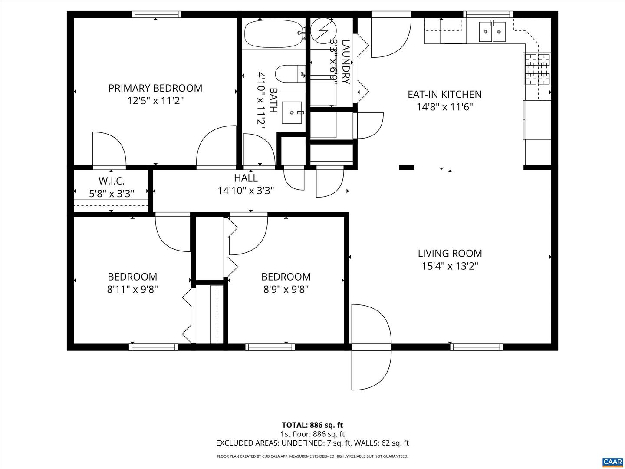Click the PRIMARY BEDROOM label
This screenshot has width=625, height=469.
click(x=155, y=88)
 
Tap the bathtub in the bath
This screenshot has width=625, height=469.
click(x=273, y=33)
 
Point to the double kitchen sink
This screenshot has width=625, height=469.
click(x=492, y=32)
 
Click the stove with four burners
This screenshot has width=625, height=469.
click(x=536, y=69)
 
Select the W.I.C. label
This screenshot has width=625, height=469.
click(x=112, y=181)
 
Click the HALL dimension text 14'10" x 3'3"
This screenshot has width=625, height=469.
click(x=246, y=191)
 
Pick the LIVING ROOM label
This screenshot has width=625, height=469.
click(x=450, y=253)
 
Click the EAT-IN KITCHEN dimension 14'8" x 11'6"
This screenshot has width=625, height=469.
click(x=444, y=107)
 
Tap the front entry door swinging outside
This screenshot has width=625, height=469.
click(x=371, y=369)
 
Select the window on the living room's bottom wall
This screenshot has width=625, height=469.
click(x=476, y=347)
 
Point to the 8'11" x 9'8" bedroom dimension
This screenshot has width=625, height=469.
click(x=132, y=289)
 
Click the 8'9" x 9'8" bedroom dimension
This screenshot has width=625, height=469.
click(x=286, y=289)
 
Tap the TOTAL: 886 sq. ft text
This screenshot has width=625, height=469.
click(x=312, y=425)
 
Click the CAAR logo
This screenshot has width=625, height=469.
click(x=612, y=461)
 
